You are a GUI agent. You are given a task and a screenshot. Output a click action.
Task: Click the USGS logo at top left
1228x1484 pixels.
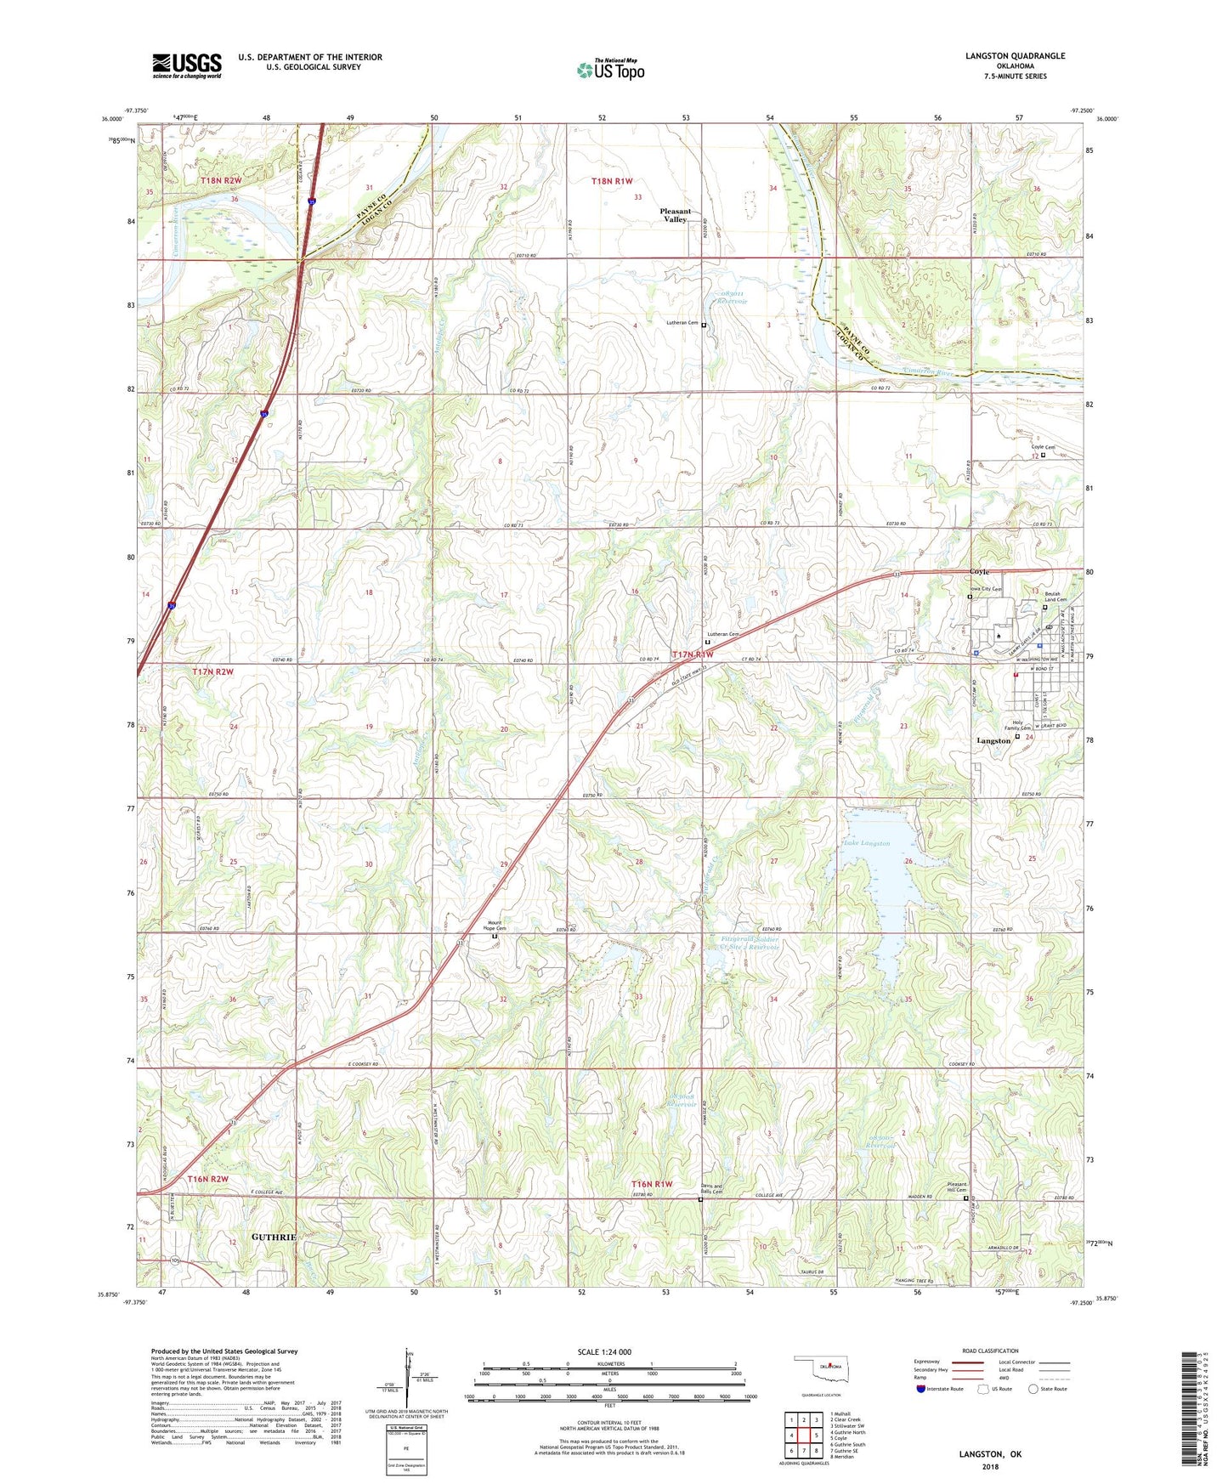pyautogui.click(x=187, y=65)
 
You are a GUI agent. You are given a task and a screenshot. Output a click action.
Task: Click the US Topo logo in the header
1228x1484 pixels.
pyautogui.click(x=610, y=70)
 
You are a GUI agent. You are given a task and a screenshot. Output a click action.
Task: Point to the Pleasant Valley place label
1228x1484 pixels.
pyautogui.click(x=676, y=215)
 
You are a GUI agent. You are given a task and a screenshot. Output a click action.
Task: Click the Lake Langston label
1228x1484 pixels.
pyautogui.click(x=866, y=843)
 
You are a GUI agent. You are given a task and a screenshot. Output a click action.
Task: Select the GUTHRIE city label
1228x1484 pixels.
pyautogui.click(x=273, y=1237)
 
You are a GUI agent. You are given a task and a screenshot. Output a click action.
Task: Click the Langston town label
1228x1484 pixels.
pyautogui.click(x=993, y=740)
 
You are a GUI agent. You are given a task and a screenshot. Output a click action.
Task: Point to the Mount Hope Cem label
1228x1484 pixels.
pyautogui.click(x=496, y=927)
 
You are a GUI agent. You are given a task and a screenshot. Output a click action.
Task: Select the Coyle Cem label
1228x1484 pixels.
pyautogui.click(x=1043, y=447)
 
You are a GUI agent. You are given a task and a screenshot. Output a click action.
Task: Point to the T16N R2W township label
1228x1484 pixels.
pyautogui.click(x=208, y=1179)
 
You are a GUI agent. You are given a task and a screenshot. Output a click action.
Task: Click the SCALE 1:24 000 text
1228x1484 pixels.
pyautogui.click(x=604, y=1351)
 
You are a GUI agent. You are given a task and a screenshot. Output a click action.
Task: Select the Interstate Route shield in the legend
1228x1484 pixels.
pyautogui.click(x=922, y=1389)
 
